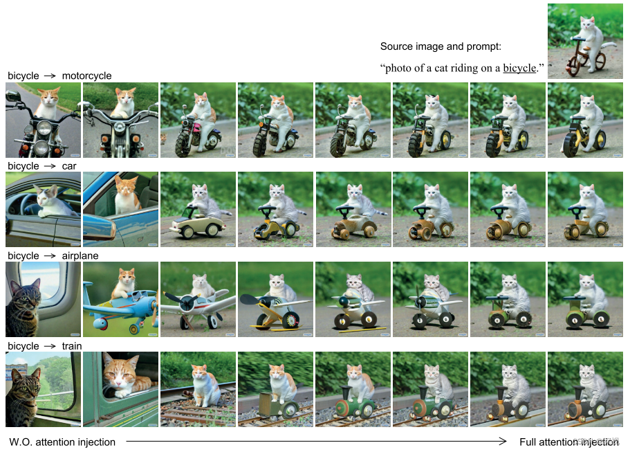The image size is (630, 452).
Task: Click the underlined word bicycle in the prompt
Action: [x=519, y=68]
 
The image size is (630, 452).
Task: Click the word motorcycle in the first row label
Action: [x=86, y=75]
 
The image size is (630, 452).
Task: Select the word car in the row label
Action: [x=69, y=166]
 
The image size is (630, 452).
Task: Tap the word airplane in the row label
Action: [x=80, y=255]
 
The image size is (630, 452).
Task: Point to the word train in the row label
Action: [x=72, y=346]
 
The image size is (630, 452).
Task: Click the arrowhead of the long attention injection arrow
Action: [x=503, y=442]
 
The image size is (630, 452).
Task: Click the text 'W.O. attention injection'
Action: [x=62, y=442]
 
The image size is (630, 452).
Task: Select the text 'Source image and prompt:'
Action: [x=441, y=46]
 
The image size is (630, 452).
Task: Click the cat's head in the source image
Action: [x=586, y=24]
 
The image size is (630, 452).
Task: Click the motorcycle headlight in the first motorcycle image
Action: [x=44, y=128]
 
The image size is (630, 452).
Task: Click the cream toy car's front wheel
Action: [x=187, y=232]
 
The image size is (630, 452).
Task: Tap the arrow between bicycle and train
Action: [x=50, y=346]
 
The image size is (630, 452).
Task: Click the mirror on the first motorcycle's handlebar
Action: [x=12, y=96]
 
